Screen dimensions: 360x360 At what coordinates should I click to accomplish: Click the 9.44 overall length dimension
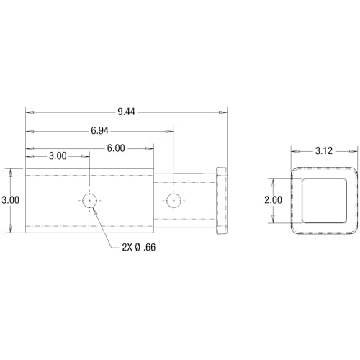(x=126, y=112)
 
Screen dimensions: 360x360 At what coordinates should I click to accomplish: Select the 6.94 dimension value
(x=99, y=131)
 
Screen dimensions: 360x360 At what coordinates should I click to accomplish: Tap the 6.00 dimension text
(x=116, y=148)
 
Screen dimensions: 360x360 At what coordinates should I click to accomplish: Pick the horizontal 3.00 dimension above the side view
(x=58, y=156)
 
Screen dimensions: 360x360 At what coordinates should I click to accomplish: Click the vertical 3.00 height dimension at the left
(x=10, y=200)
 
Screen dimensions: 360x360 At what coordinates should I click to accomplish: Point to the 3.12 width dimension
(x=324, y=151)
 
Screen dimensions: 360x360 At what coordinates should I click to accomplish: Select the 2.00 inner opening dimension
(x=273, y=200)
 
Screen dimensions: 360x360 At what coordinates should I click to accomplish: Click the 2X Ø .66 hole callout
(x=139, y=247)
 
